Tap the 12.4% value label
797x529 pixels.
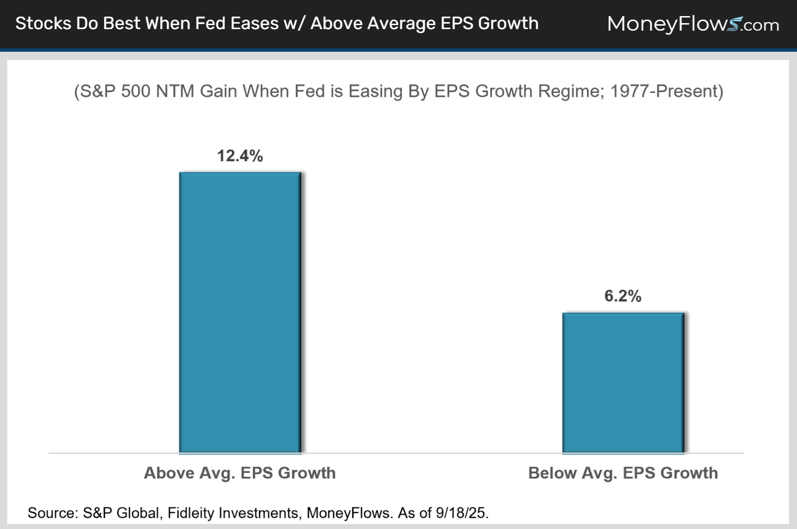[x=240, y=156]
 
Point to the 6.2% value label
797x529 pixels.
[x=623, y=296]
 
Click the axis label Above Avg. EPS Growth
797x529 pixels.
[x=240, y=473]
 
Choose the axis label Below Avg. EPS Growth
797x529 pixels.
[x=623, y=473]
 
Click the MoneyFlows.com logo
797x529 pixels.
[x=693, y=24]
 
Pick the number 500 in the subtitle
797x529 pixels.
[x=135, y=91]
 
